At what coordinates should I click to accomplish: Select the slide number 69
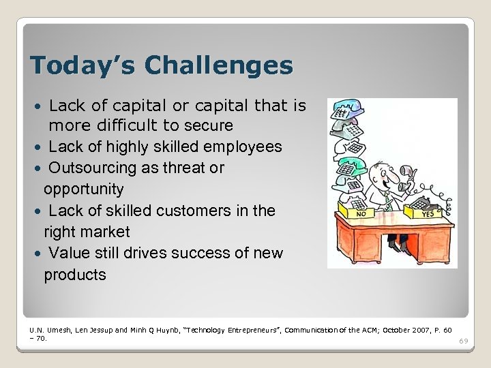pyautogui.click(x=464, y=341)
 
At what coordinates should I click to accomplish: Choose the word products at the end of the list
pyautogui.click(x=75, y=275)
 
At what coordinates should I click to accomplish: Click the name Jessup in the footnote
pyautogui.click(x=100, y=330)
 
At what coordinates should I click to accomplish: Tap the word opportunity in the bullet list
pyautogui.click(x=84, y=189)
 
